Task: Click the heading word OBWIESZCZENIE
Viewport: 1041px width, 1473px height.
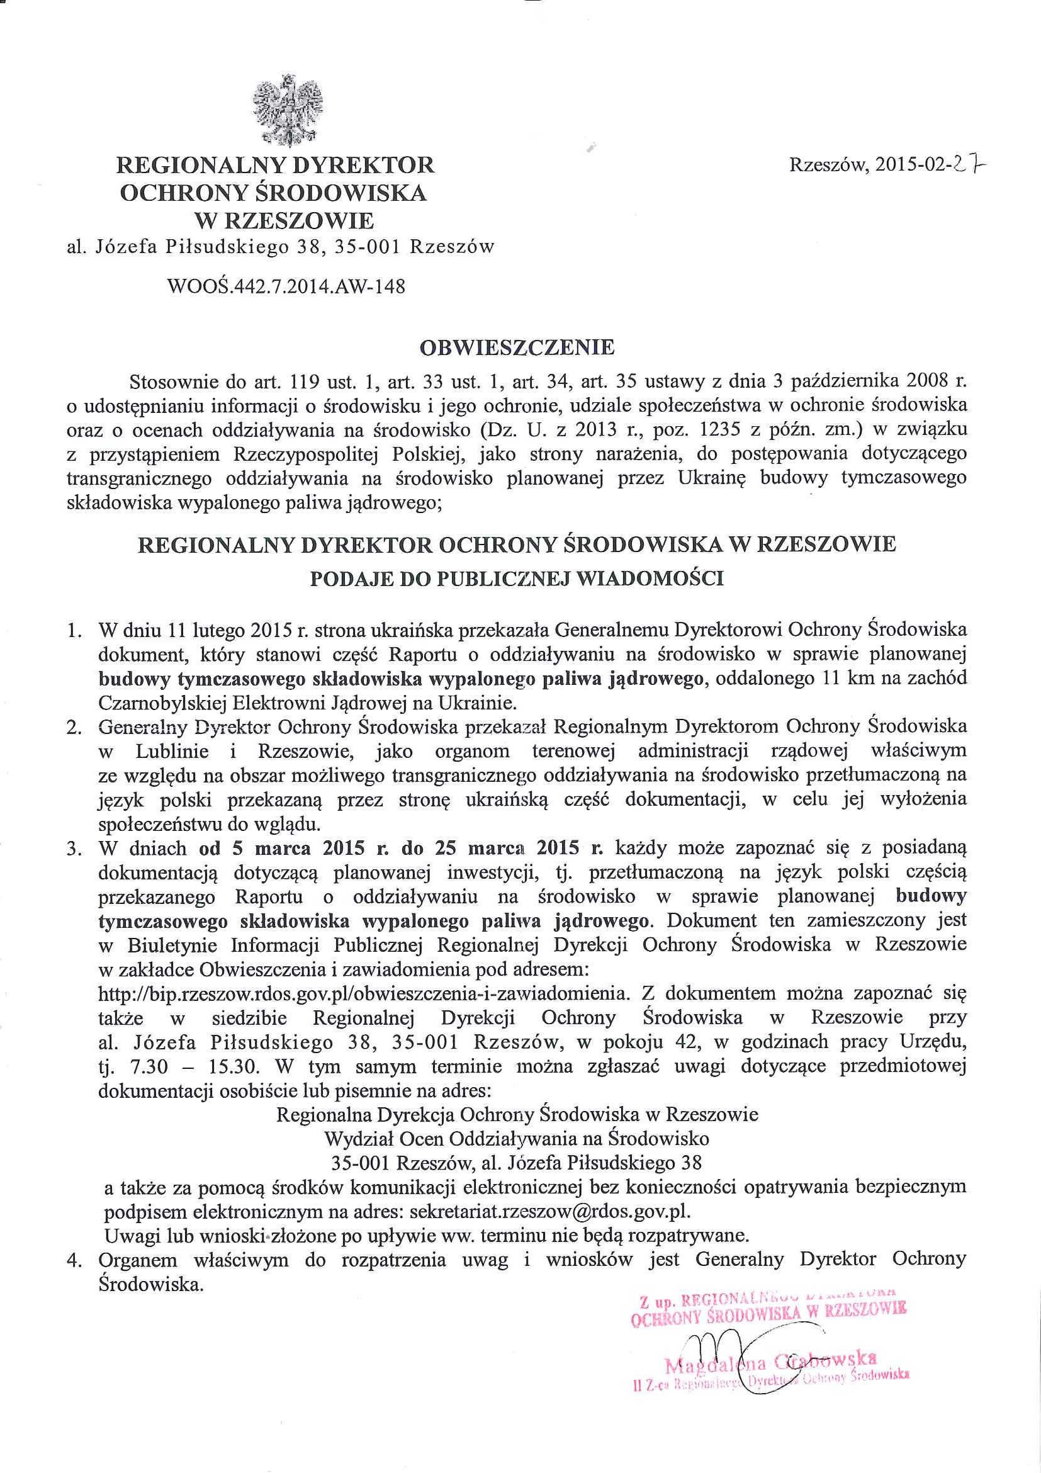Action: pos(516,347)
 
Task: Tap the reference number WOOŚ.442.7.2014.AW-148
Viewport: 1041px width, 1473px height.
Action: pos(286,286)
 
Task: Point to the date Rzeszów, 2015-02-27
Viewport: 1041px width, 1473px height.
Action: pos(887,166)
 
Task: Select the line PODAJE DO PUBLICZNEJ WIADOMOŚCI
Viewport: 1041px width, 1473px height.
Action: pos(517,578)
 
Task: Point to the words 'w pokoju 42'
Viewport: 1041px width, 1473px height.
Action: pos(633,1042)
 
